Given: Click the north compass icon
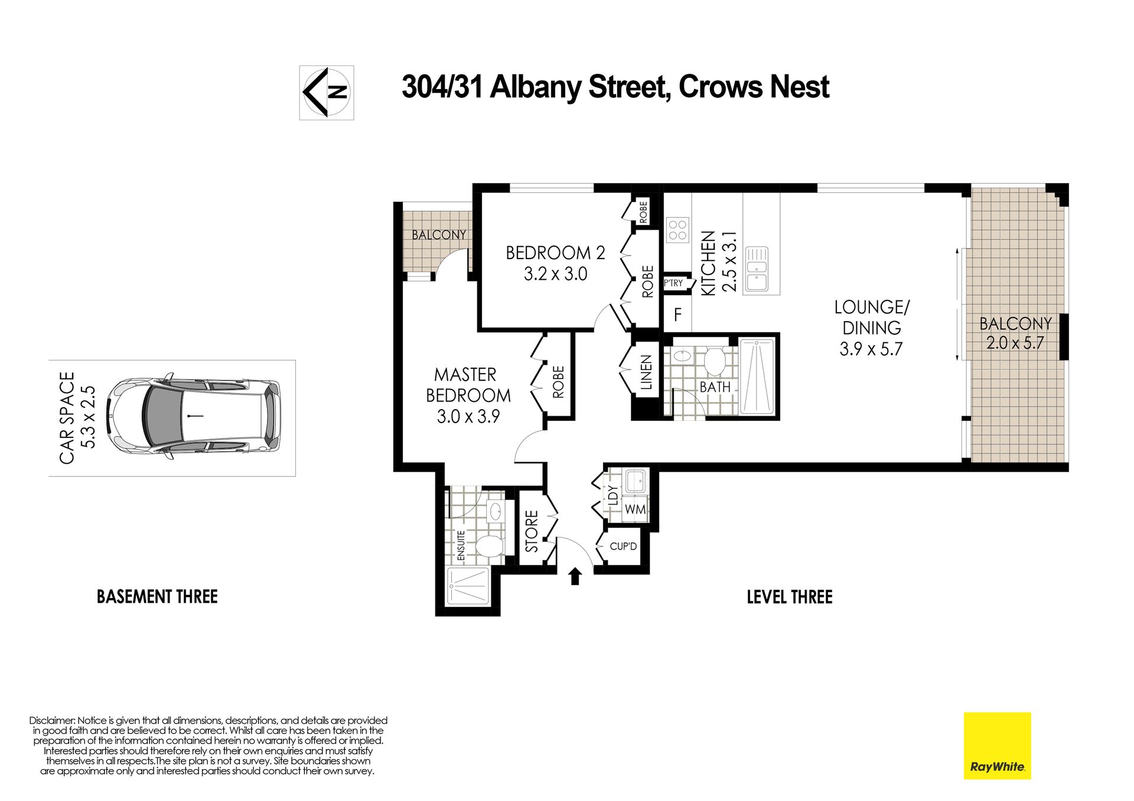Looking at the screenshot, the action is (327, 93).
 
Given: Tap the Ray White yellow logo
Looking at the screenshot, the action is (998, 746).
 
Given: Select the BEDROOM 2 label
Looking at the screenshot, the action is (555, 253).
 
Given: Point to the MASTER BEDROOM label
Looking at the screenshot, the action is (468, 385).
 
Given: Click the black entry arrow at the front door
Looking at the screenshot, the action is (575, 576).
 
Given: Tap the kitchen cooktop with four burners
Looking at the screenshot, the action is (677, 230).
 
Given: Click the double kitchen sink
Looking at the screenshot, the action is (757, 269).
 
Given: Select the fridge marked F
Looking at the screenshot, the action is (677, 314).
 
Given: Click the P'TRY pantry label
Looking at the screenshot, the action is (673, 283).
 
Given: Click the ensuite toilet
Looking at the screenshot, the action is (489, 547).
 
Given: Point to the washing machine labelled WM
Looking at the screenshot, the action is (636, 508).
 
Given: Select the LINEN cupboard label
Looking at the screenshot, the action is (646, 372).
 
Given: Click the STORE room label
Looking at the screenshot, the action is (532, 531).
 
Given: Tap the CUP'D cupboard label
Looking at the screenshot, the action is (624, 547).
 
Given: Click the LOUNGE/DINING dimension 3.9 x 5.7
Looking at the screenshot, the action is (871, 349).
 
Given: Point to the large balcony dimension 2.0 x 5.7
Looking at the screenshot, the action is (1015, 343).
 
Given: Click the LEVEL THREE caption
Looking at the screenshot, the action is (790, 597).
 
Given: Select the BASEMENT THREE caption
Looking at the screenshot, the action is (157, 596).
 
